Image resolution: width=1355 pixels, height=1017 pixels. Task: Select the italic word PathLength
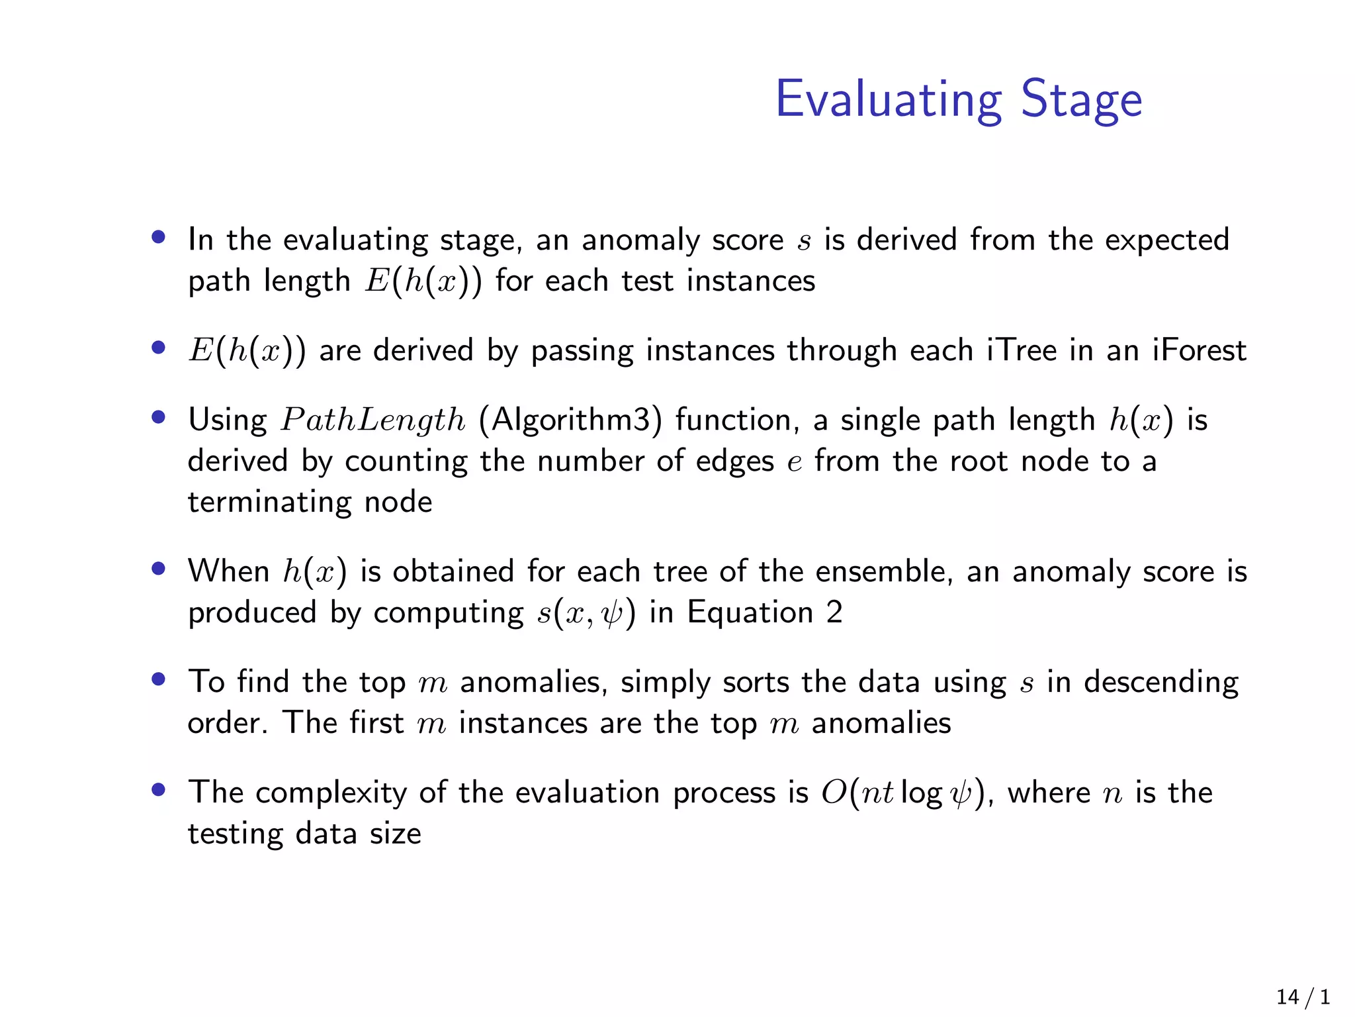click(373, 420)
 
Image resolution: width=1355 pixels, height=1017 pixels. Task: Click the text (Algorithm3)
click(570, 420)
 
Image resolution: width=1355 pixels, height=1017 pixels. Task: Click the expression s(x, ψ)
click(586, 612)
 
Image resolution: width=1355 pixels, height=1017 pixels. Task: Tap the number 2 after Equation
click(834, 612)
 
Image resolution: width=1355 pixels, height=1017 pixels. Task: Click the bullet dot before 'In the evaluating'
click(157, 237)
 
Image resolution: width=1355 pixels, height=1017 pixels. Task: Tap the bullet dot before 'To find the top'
click(157, 679)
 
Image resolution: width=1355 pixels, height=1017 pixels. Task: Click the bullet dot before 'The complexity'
click(157, 789)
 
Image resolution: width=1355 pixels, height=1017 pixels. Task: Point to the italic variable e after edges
click(795, 462)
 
